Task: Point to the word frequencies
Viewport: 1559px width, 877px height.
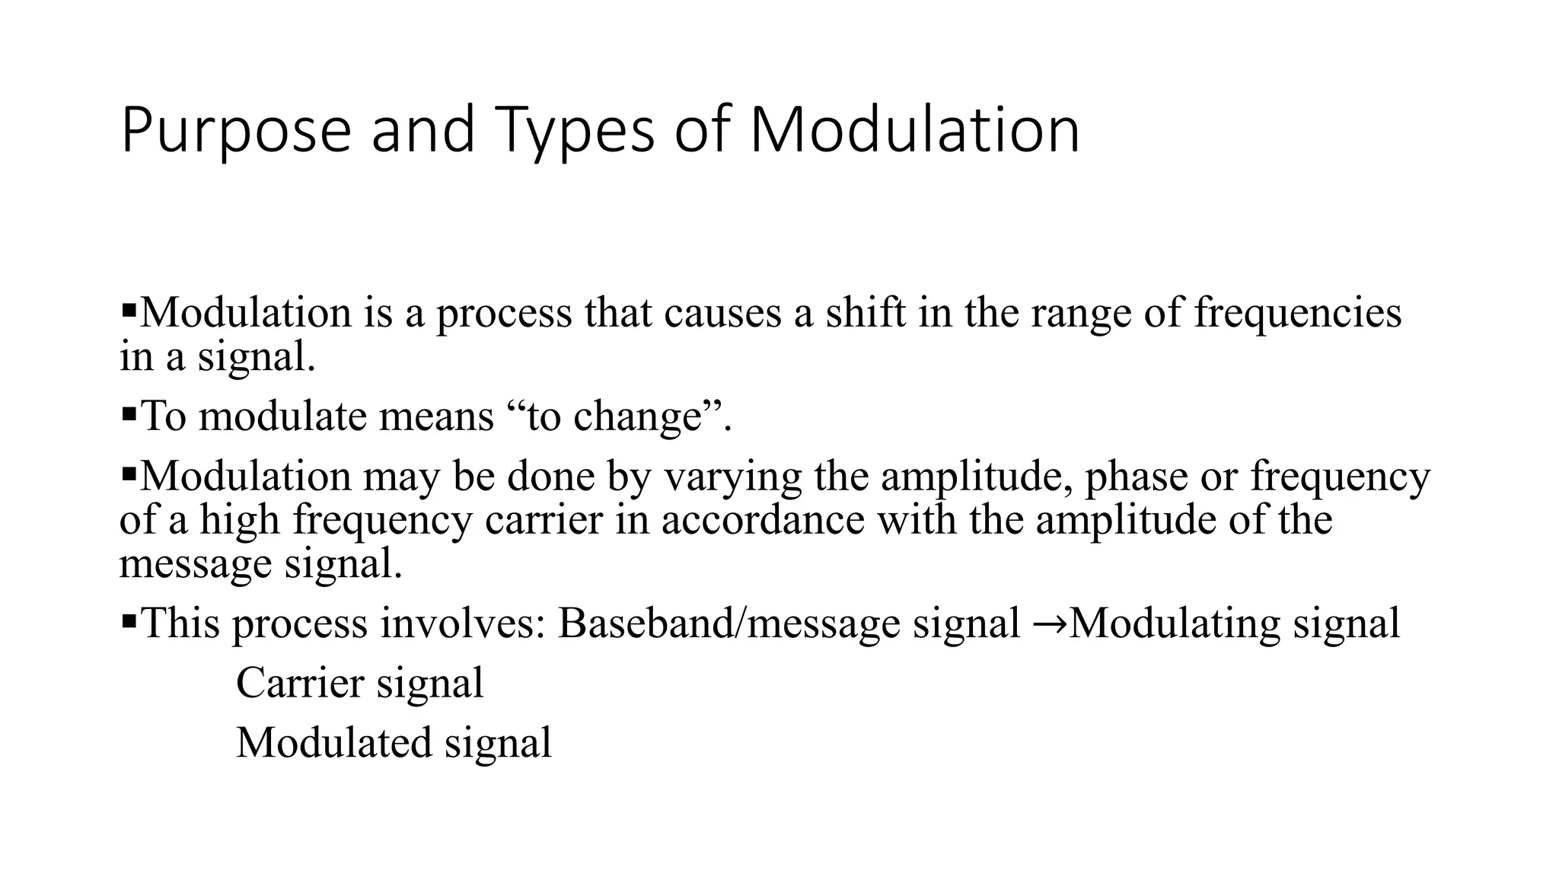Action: (x=1297, y=313)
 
